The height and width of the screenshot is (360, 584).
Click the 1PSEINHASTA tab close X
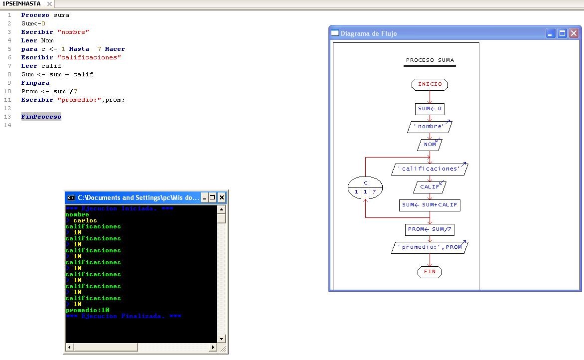49,3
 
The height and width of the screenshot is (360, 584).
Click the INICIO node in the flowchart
430,84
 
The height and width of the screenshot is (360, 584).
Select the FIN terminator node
430,272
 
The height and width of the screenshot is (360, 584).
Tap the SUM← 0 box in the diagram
430,109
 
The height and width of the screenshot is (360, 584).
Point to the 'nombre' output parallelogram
430,127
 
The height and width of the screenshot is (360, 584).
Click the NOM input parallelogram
430,145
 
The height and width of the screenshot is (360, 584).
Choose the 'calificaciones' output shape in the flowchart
430,169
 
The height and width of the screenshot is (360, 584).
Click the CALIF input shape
430,187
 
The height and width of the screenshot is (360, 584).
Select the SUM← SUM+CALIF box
430,205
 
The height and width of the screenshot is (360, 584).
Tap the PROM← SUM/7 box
430,229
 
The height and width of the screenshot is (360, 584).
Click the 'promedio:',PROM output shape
430,247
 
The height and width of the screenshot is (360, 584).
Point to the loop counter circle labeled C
365,187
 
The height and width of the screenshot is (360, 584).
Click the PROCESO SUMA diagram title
430,60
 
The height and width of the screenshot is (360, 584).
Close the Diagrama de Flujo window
574,33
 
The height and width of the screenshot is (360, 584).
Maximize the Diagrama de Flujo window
562,33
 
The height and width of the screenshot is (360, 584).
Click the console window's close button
222,197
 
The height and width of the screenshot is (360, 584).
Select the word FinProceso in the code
41,117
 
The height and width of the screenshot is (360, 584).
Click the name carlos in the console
85,220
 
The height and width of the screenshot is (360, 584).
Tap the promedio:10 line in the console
87,310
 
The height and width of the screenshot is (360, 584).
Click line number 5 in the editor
9,49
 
